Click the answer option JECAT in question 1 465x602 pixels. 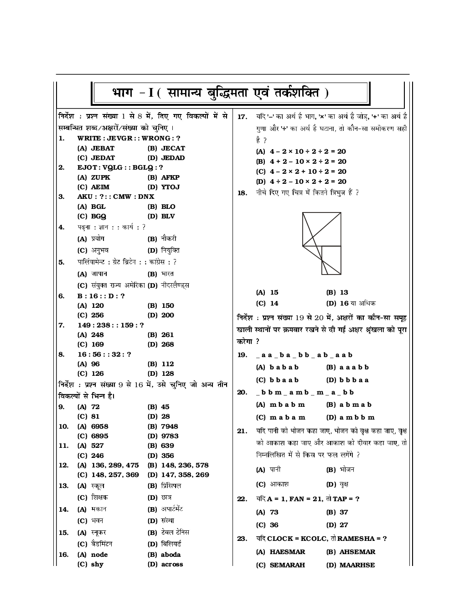click(x=173, y=148)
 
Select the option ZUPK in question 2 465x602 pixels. click(x=100, y=177)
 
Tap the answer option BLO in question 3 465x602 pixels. click(x=168, y=207)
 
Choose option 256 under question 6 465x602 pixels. click(x=97, y=315)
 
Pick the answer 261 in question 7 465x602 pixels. click(x=167, y=335)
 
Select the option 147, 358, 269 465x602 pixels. click(x=185, y=475)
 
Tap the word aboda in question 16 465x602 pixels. click(x=170, y=555)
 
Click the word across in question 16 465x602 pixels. click(x=172, y=564)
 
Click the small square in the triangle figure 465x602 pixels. click(x=331, y=260)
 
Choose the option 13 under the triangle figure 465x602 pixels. click(x=344, y=292)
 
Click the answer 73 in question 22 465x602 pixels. click(x=274, y=512)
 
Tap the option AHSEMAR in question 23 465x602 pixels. click(x=357, y=552)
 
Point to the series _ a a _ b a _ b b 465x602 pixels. click(x=304, y=355)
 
